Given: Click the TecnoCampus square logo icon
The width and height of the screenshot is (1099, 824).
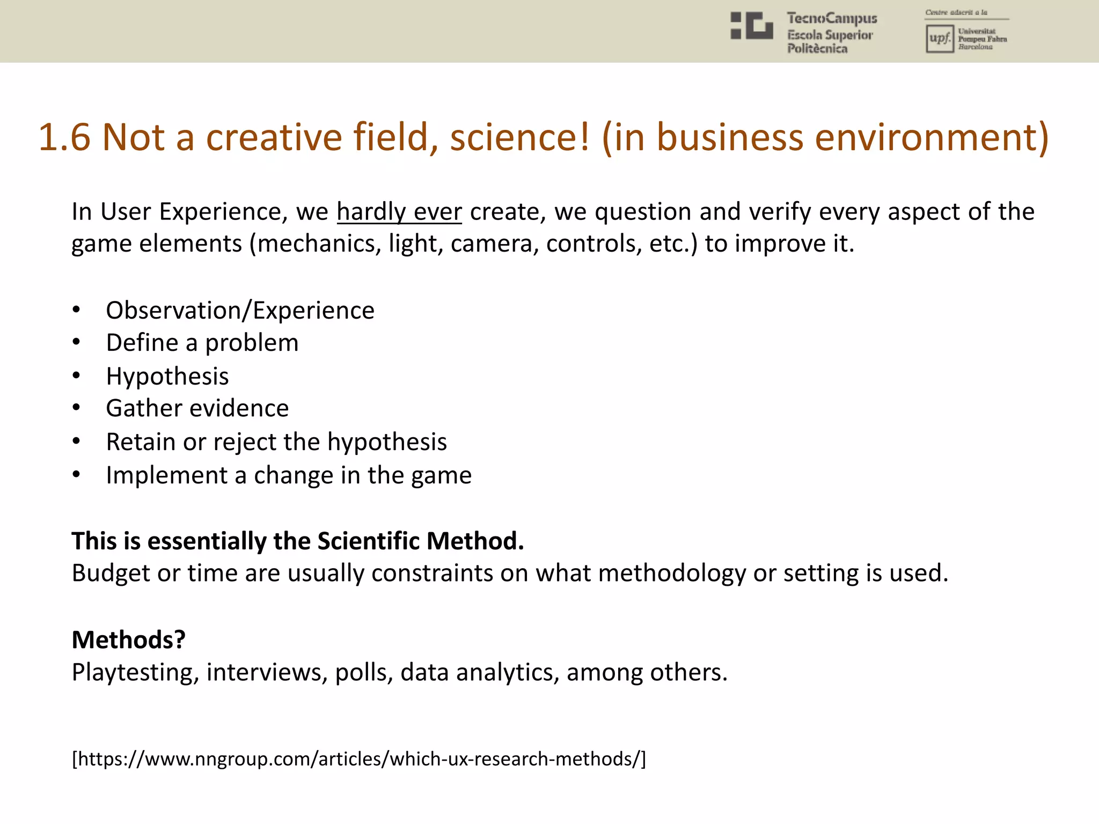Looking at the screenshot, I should click(751, 26).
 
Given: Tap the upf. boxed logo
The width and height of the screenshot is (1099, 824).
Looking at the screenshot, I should click(939, 39).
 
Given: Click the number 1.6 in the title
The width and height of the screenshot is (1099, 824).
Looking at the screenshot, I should click(64, 137).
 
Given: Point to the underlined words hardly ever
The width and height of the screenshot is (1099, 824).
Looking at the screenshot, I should click(399, 211).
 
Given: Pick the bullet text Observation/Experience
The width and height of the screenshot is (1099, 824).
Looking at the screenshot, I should click(240, 311).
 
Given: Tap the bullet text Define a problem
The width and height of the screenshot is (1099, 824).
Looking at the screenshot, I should click(202, 343).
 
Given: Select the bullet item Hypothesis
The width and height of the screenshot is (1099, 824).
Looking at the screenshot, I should click(167, 376).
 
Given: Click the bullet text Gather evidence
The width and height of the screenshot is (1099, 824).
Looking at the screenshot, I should click(197, 409).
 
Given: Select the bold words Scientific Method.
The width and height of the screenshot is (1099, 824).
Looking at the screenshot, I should click(420, 541).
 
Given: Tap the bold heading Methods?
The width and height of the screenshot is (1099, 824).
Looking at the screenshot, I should click(129, 639).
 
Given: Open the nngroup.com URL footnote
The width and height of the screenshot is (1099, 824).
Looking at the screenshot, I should click(358, 759).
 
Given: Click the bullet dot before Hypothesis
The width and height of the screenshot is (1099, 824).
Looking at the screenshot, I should click(77, 376).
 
